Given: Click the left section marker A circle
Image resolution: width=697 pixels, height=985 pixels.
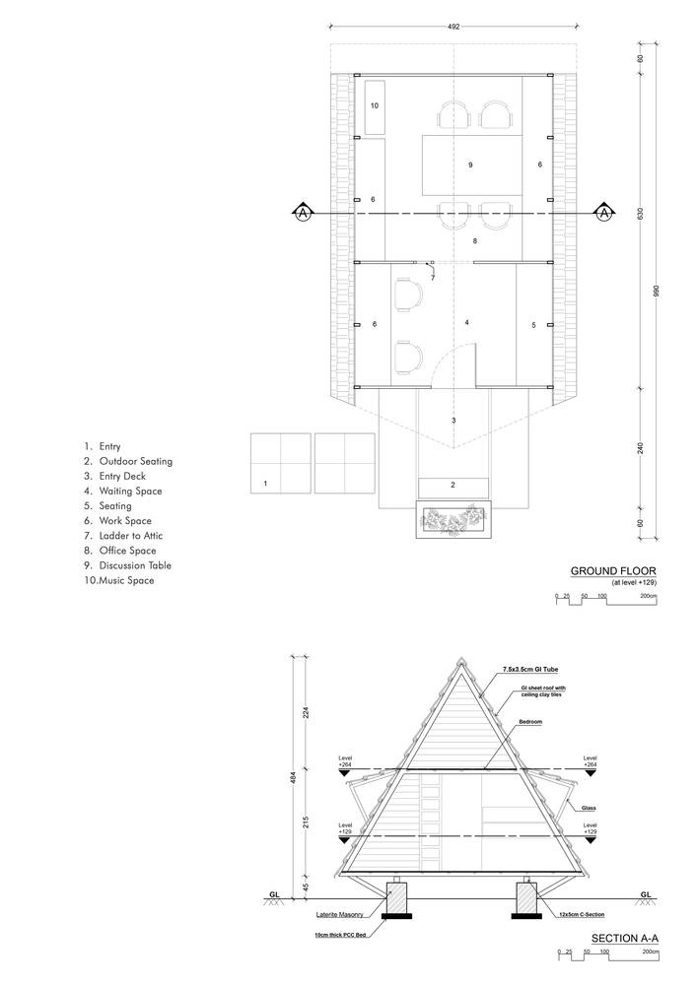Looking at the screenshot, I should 304,213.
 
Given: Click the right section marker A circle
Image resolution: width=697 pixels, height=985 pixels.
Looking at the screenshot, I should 603,213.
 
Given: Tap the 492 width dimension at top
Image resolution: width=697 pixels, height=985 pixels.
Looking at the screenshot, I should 453,28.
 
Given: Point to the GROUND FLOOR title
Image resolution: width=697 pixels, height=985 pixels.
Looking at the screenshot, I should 612,570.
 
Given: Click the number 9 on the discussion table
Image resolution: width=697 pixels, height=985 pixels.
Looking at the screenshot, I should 470,164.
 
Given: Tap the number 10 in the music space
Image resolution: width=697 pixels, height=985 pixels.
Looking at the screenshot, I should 375,104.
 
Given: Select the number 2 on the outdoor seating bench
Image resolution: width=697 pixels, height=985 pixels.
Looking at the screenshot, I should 453,485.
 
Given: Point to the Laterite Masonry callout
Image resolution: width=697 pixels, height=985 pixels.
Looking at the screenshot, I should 334,914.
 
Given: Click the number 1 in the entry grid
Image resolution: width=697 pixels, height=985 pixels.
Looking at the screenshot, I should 265,483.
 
